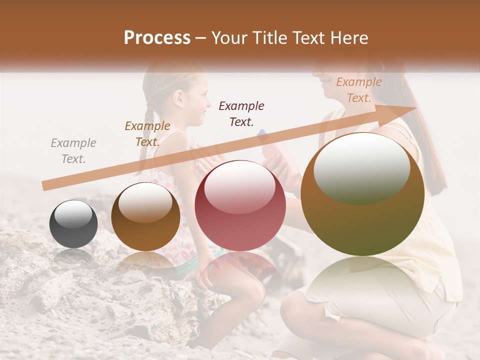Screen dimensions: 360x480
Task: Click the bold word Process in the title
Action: pos(157,38)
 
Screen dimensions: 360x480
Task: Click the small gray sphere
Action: pos(73,224)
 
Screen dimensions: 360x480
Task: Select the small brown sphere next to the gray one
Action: pos(145,216)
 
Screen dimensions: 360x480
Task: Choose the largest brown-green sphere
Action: pos(362,194)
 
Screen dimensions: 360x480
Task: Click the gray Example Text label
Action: pos(73,151)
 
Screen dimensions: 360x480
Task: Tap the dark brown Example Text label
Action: pos(147,134)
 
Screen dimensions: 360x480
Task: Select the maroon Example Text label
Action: pos(241,113)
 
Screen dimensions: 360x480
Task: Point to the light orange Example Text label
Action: pos(358,90)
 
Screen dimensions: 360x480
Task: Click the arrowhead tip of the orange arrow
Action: pos(416,107)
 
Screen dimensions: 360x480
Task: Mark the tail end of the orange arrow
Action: pos(43,186)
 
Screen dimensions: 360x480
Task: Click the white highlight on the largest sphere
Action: pos(361,167)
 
